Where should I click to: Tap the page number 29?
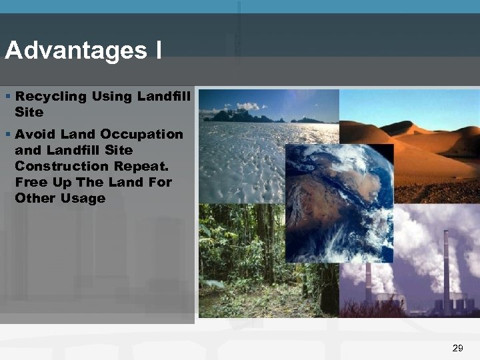457,347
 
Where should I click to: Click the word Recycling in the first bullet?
51,97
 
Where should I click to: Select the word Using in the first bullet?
111,97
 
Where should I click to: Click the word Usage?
83,198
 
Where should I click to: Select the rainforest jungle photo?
240,260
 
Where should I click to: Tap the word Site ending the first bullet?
29,112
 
